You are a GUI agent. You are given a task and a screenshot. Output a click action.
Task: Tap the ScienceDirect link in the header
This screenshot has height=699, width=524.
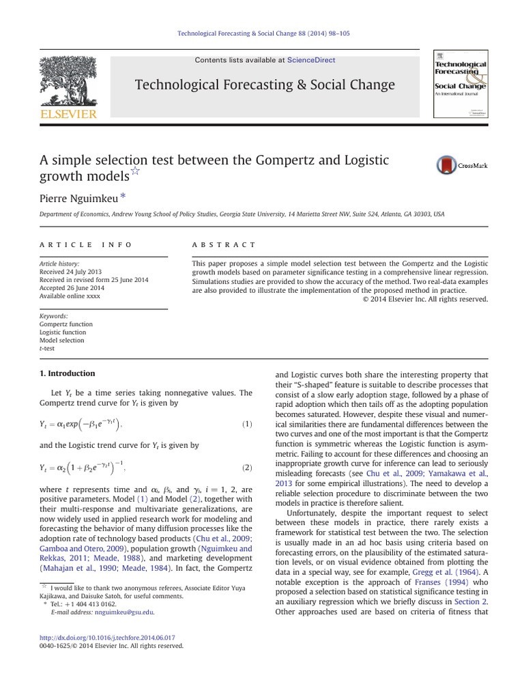click(x=311, y=60)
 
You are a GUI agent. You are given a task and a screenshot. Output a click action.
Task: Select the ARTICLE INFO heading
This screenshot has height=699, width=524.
click(x=86, y=244)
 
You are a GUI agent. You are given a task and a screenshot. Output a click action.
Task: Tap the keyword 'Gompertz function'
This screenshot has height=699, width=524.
click(x=66, y=324)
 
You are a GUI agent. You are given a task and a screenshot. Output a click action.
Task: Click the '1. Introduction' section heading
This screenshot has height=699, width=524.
click(x=68, y=373)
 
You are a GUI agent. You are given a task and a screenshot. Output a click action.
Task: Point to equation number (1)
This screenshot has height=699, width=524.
click(x=247, y=425)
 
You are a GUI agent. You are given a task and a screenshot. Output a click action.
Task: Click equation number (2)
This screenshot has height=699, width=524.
click(x=247, y=468)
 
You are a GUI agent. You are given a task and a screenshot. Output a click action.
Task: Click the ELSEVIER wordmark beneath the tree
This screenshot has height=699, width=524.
click(x=68, y=113)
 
